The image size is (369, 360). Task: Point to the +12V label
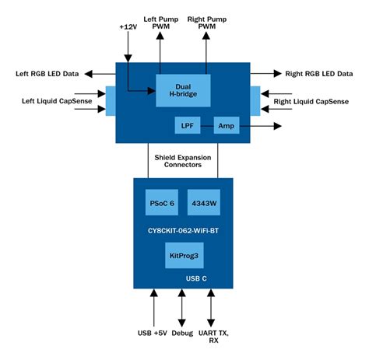click(x=128, y=26)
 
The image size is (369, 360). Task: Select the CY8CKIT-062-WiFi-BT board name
click(x=184, y=229)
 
